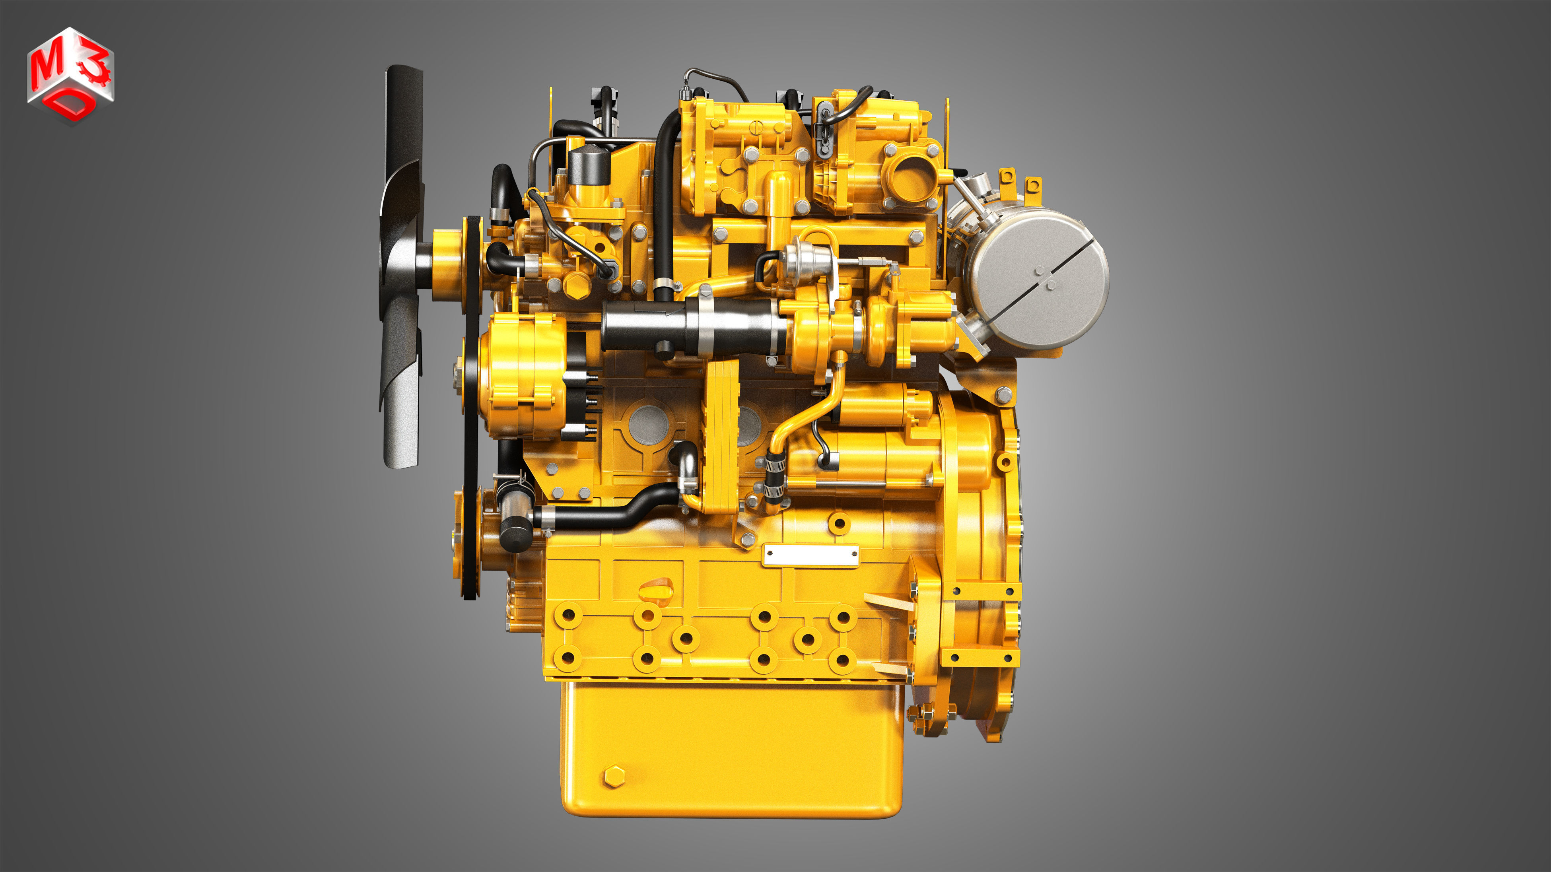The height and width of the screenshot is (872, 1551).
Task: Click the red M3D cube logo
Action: coord(70,75)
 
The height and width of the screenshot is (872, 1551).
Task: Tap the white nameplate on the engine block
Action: coord(810,555)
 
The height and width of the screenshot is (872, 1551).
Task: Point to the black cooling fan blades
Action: coord(400,271)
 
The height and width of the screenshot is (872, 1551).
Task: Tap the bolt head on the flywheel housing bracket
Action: coord(1004,395)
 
